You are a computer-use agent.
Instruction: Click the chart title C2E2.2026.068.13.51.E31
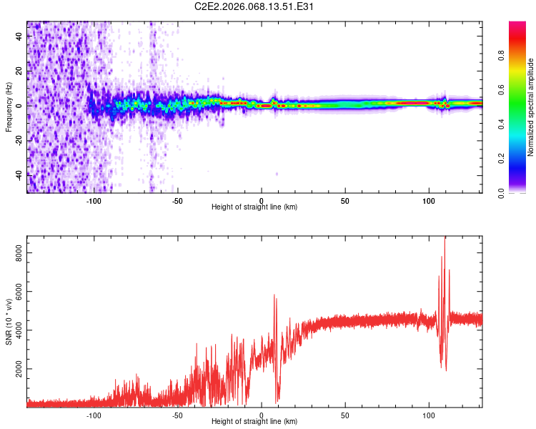pos(255,7)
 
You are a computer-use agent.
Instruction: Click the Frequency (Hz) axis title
pos(9,107)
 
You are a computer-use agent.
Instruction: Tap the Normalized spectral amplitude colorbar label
pos(531,107)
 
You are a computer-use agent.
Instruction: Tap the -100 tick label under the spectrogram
pos(94,201)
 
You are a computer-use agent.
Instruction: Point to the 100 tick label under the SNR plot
pos(429,415)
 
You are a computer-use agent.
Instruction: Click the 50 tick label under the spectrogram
pos(345,201)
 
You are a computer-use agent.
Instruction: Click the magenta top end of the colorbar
pos(517,25)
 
